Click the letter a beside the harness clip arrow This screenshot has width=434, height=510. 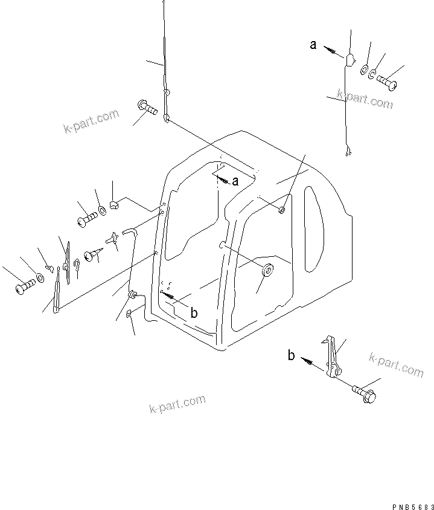coord(313,44)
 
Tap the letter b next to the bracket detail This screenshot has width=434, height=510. coord(291,356)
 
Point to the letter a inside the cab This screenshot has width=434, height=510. coord(235,181)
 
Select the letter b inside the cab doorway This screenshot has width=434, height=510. coord(194,312)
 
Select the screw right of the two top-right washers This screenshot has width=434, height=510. coord(386,80)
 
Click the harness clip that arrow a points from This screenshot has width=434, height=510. coord(350,59)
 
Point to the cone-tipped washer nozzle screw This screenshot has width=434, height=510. coord(91,256)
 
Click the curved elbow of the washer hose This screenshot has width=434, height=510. coord(129,231)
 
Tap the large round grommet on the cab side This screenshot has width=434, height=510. coord(266,269)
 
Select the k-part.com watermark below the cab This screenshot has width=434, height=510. coord(177,404)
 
